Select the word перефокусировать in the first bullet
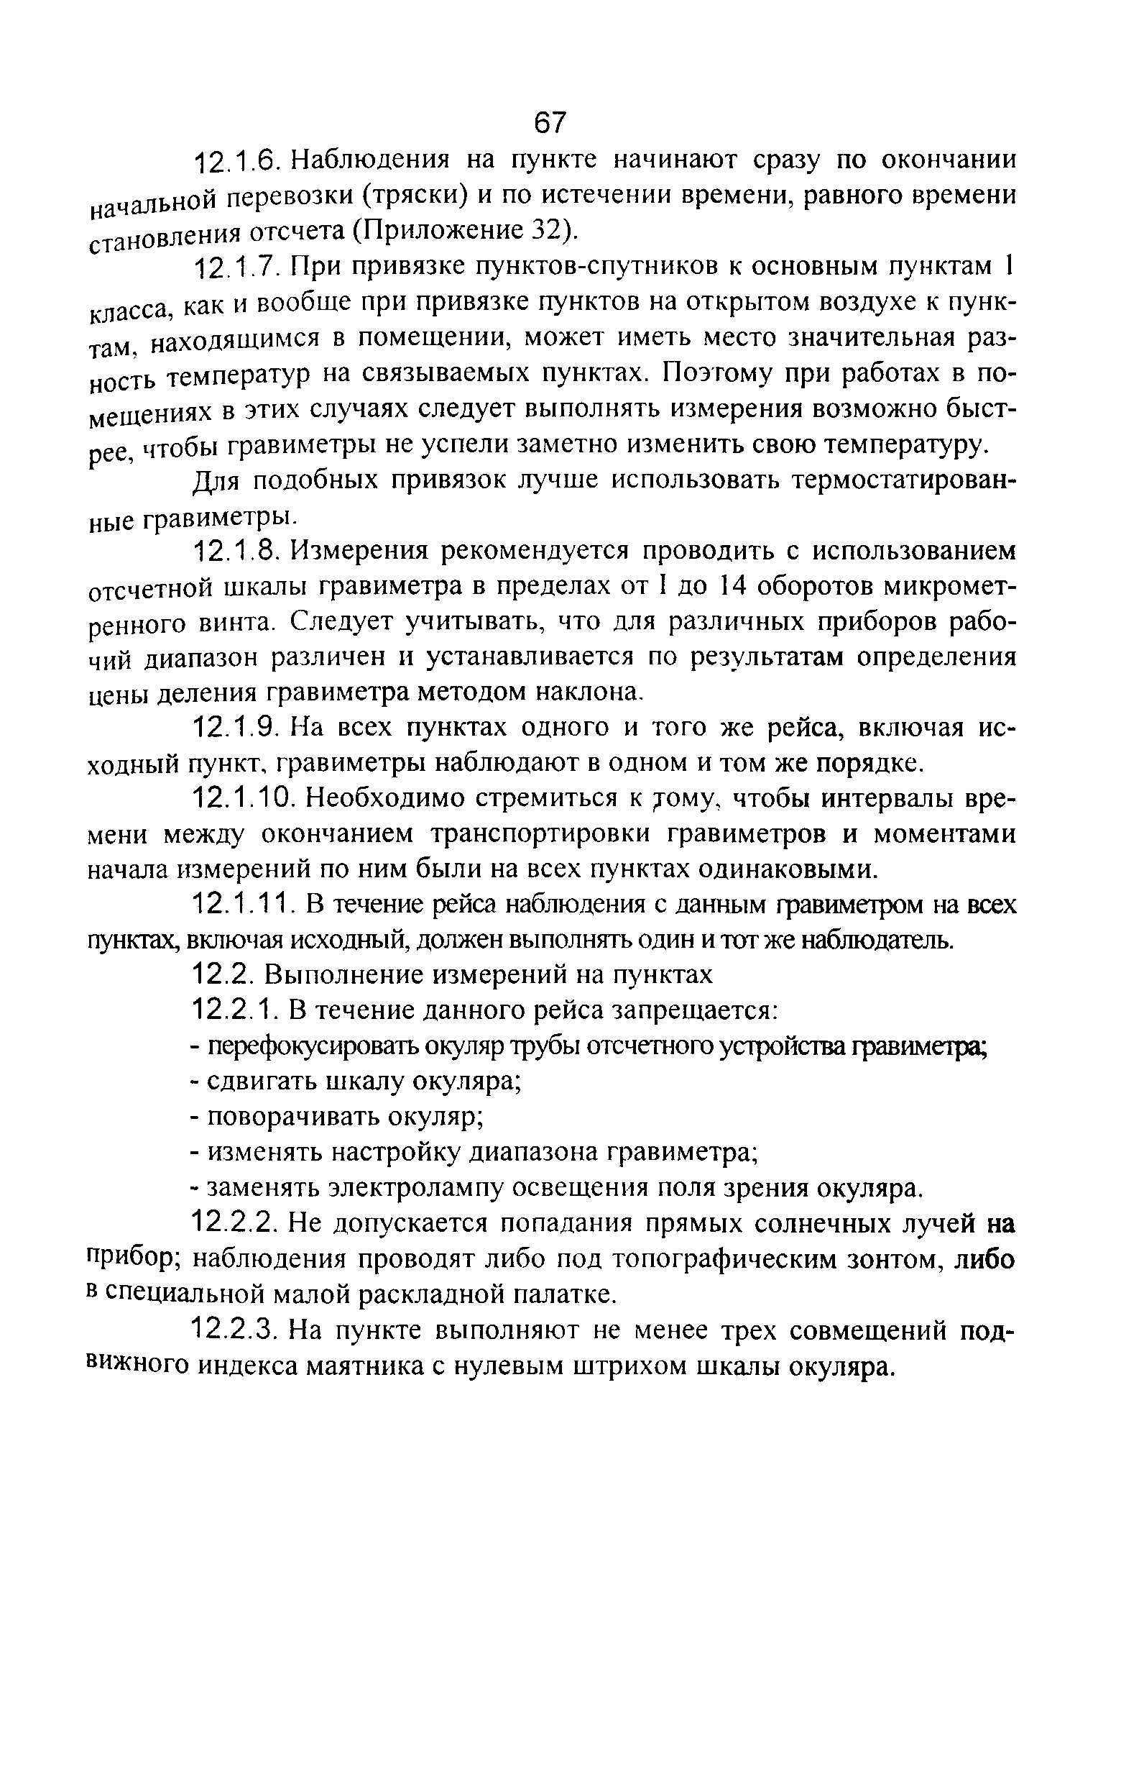pos(313,1047)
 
